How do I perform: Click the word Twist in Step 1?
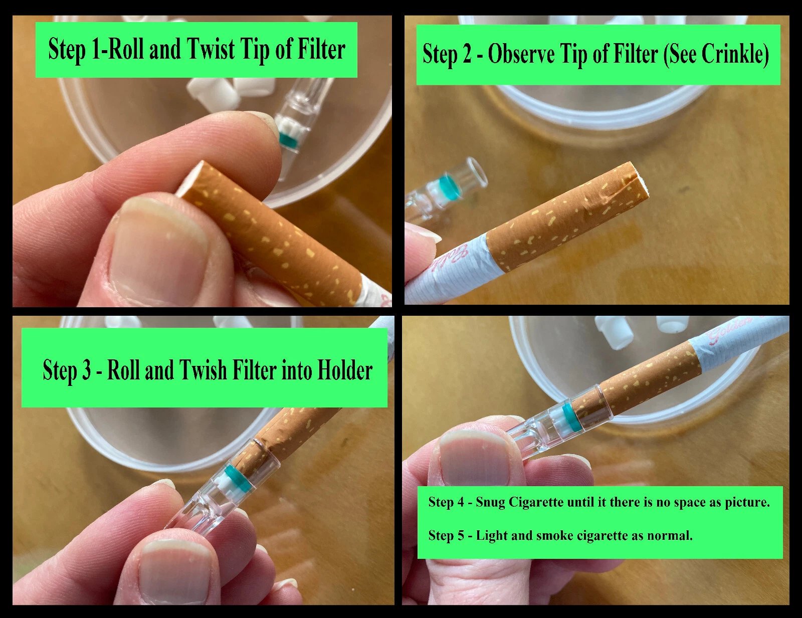[x=211, y=49]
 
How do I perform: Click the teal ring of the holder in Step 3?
[x=238, y=479]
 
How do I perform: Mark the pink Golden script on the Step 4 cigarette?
[x=729, y=332]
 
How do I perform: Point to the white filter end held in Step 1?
[x=189, y=179]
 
